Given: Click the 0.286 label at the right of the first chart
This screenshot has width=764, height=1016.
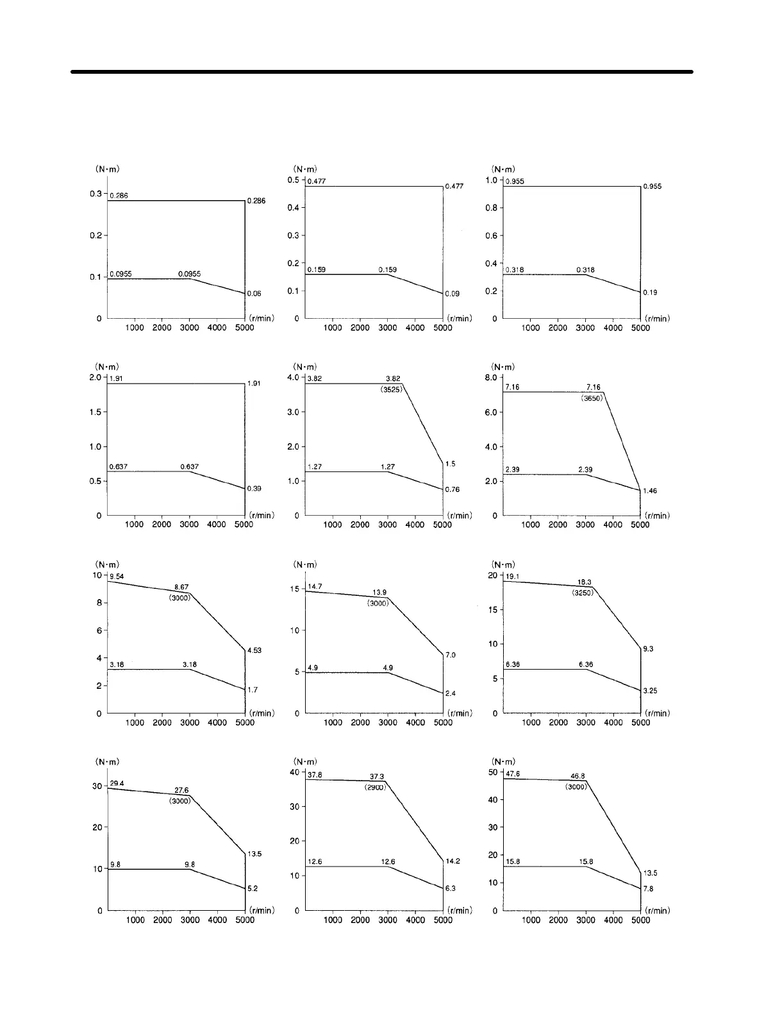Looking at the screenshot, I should [256, 201].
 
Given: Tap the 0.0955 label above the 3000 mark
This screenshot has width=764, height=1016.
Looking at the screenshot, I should [189, 274].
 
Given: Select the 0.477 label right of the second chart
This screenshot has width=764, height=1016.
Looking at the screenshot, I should [454, 186].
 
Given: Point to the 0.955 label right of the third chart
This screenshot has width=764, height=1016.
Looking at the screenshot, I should [653, 186].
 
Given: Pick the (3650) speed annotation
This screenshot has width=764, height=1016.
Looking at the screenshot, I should [592, 398].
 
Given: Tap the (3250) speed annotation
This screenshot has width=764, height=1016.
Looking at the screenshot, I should [583, 593].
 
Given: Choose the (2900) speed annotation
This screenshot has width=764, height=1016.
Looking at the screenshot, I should [375, 787].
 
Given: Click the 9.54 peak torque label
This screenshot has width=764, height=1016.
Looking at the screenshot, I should [117, 577].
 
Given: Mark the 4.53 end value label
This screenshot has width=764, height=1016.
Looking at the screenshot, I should [254, 650].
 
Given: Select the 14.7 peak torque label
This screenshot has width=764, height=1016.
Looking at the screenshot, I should [315, 587].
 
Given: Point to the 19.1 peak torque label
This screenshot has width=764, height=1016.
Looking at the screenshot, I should [513, 577].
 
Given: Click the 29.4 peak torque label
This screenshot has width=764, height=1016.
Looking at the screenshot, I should [117, 784].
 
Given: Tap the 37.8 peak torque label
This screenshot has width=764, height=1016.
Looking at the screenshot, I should [315, 775].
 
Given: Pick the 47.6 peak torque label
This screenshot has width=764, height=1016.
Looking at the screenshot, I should [513, 774].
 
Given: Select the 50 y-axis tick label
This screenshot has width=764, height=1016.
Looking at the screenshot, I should [493, 772].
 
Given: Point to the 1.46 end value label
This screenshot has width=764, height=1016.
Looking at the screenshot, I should [649, 491].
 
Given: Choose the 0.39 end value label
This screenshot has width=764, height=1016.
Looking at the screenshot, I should [254, 489].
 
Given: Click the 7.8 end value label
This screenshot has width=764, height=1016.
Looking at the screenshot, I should [648, 889].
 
